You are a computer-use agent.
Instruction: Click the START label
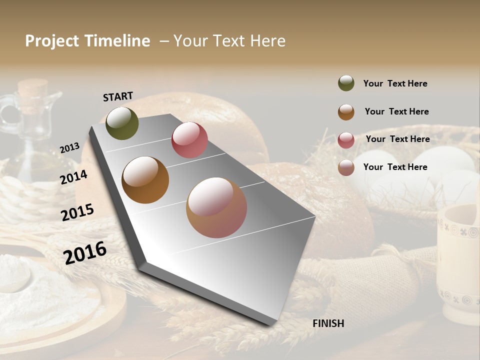(118, 96)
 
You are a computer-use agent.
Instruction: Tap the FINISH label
(328, 323)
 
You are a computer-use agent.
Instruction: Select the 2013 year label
(69, 148)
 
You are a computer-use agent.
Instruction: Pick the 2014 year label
(73, 177)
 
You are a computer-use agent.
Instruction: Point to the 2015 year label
(77, 212)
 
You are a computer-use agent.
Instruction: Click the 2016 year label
(85, 253)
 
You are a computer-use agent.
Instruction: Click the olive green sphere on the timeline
(122, 123)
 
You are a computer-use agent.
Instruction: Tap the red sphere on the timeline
(189, 140)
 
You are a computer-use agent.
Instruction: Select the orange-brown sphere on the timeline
(145, 180)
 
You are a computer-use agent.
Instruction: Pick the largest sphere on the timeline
(216, 207)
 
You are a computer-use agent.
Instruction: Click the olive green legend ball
(346, 83)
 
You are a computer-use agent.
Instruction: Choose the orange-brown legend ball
(346, 112)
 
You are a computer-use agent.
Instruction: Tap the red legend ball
(346, 140)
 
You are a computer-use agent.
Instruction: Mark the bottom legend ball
(346, 167)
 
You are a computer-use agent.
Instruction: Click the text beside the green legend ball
(395, 83)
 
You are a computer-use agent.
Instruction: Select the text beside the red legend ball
(397, 139)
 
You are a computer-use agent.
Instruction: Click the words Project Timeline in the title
(87, 41)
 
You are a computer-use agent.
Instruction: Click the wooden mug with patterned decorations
(457, 265)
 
